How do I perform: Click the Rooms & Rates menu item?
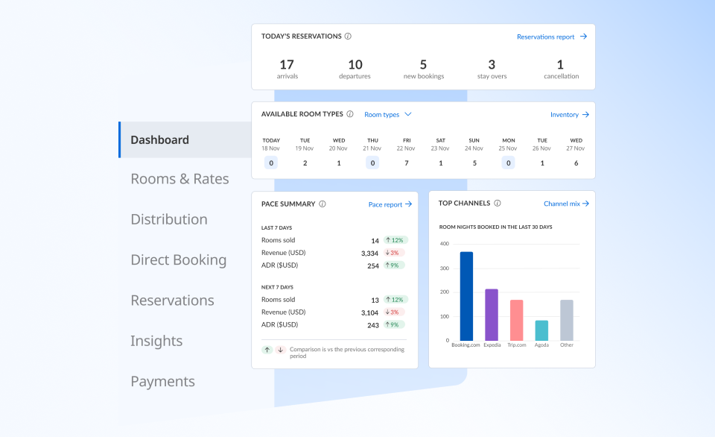(179, 179)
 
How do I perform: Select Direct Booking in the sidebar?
(178, 260)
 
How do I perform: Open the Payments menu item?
(162, 382)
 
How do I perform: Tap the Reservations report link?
(551, 37)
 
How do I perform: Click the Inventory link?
(569, 115)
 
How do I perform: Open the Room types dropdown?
(387, 115)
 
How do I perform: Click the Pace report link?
(390, 204)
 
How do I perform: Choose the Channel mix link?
(566, 204)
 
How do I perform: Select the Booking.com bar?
(466, 296)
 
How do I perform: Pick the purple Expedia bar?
(492, 315)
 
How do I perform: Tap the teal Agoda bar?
(541, 330)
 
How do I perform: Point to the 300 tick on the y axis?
(444, 268)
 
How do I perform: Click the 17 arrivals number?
(287, 65)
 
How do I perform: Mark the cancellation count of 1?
(560, 65)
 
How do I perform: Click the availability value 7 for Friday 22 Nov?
(407, 163)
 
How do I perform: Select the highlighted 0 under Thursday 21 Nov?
(372, 163)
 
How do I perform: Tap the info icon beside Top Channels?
(497, 203)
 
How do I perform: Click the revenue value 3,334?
(369, 253)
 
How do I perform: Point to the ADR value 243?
(372, 324)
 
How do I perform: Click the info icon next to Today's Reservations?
(348, 36)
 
